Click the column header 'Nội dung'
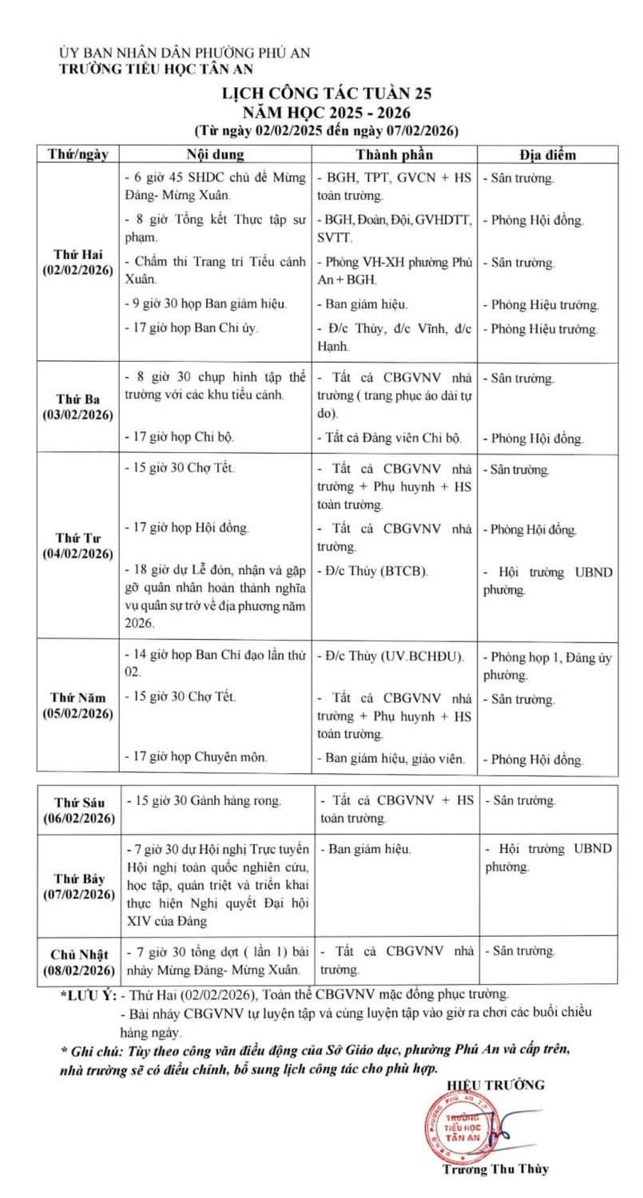tap(215, 154)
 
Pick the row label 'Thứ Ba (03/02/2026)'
tap(77, 407)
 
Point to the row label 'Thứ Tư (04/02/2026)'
tap(77, 545)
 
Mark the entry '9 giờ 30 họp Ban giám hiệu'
tap(208, 303)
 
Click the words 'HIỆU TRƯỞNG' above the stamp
tap(495, 1085)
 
